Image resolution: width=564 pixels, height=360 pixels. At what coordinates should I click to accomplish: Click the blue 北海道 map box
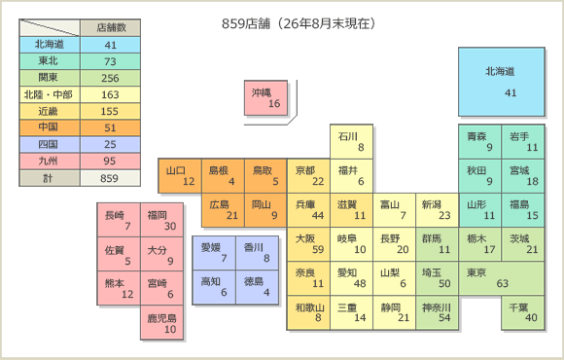click(502, 82)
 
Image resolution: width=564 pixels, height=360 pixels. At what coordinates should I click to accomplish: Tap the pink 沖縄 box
click(265, 98)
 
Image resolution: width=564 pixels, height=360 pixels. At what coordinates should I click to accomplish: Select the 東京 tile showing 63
click(502, 278)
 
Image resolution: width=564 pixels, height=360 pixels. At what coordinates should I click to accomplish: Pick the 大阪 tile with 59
click(308, 244)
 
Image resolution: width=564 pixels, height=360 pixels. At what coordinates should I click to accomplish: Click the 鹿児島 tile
click(161, 322)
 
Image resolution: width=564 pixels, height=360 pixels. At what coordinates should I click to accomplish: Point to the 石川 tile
click(351, 142)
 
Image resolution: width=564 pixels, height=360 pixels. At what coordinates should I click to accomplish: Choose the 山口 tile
click(180, 176)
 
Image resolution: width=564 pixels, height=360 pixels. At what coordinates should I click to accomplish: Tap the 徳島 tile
click(257, 287)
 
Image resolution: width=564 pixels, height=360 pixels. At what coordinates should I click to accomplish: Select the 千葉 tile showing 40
click(522, 312)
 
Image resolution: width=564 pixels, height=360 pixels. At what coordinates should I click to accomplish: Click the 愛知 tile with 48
click(351, 278)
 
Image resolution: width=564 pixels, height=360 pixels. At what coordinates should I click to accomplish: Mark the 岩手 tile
click(522, 142)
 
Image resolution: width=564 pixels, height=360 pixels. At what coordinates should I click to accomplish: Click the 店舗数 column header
click(110, 27)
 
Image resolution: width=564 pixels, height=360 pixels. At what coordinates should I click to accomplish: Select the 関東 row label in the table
click(50, 78)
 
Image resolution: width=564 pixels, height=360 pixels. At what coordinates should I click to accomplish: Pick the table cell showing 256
click(110, 78)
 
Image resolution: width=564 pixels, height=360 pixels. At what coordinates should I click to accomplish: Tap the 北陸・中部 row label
click(50, 94)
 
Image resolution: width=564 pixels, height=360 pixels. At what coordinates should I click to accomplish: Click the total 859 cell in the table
click(110, 178)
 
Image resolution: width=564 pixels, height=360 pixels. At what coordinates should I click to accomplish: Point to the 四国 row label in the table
click(50, 144)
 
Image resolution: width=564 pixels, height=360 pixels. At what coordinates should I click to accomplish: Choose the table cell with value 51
click(110, 127)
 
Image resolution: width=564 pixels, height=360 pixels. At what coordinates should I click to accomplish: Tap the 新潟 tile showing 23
click(437, 210)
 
